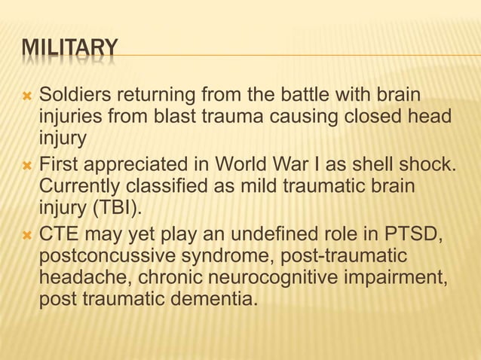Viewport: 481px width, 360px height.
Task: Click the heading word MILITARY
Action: pyautogui.click(x=69, y=50)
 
